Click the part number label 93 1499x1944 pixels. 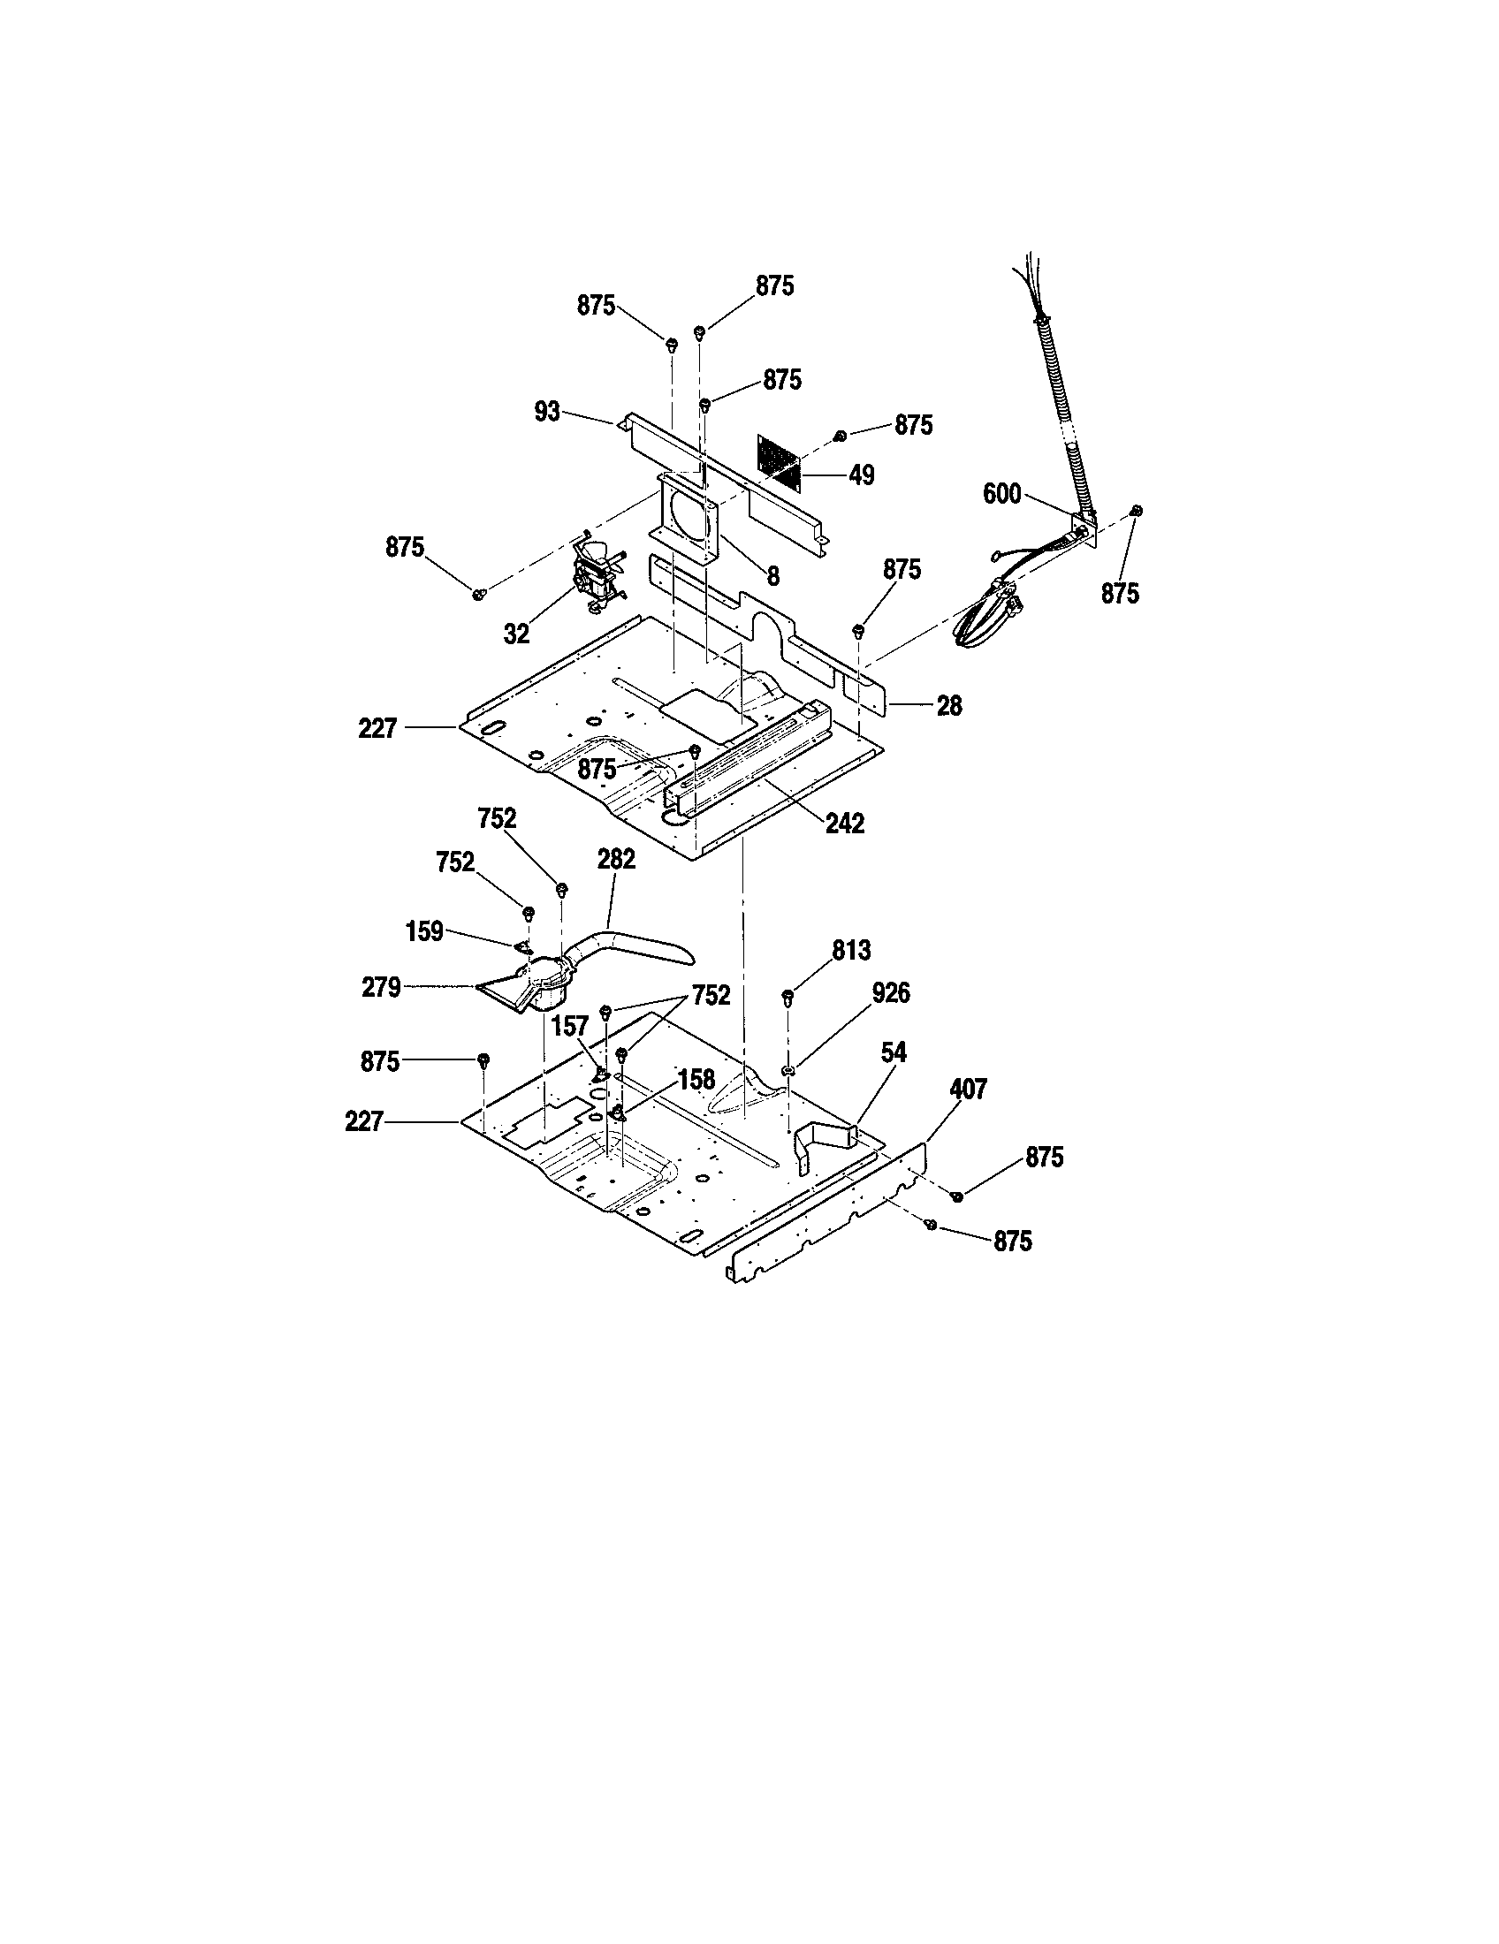[547, 411]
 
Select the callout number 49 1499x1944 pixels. [861, 475]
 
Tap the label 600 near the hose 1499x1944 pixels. [1001, 494]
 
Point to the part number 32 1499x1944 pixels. [516, 634]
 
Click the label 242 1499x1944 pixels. [845, 824]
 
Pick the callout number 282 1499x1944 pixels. [617, 859]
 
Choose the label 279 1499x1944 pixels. [381, 987]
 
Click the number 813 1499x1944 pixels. [851, 951]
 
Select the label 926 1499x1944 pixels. [891, 993]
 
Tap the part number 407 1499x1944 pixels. [969, 1089]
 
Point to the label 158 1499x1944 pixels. [696, 1080]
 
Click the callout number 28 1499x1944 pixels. [950, 706]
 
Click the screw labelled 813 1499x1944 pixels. [788, 996]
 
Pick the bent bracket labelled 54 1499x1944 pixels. [826, 1143]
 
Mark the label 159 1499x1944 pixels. [424, 932]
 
